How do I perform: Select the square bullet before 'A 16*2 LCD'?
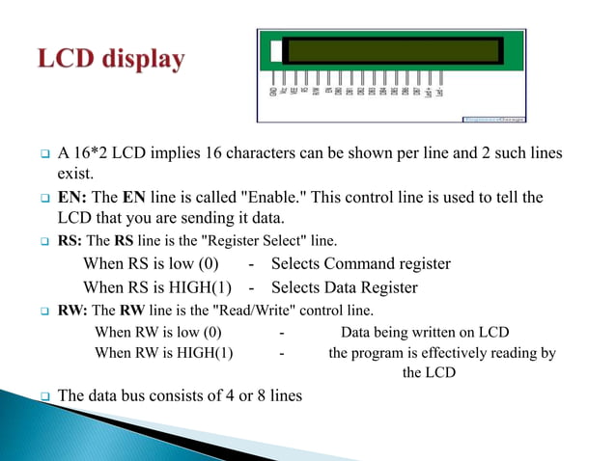coord(44,154)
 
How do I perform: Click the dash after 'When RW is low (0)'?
coord(282,333)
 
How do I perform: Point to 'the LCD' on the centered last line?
coord(430,372)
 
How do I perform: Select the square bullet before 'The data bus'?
coord(44,395)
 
